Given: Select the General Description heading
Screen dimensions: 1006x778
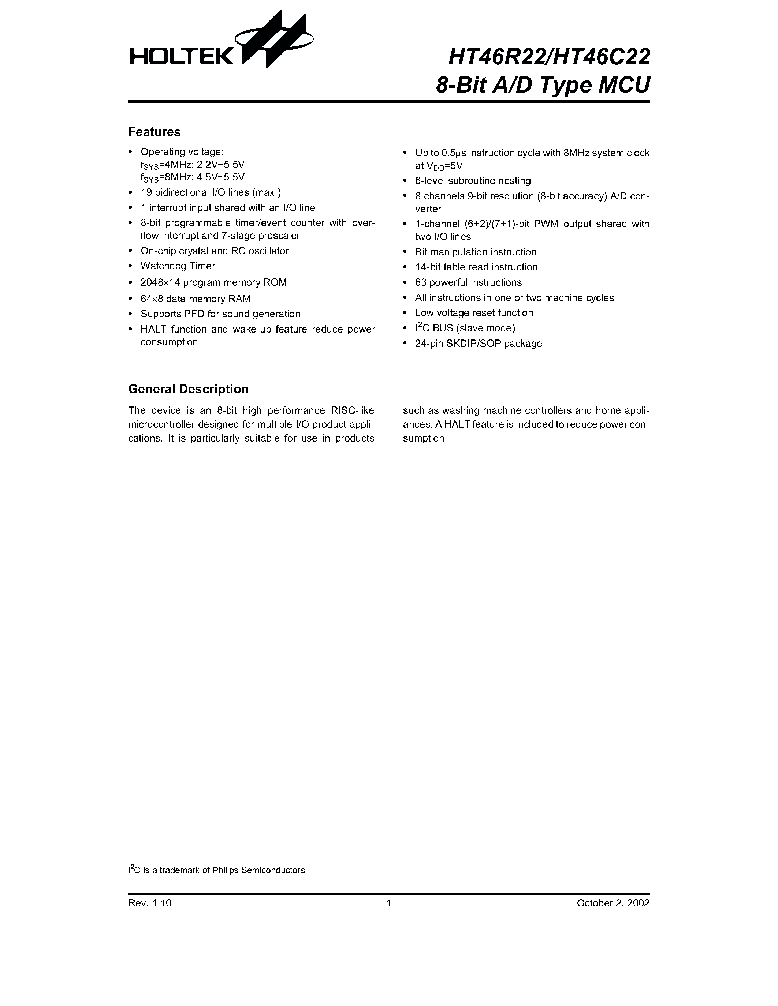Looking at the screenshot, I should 188,389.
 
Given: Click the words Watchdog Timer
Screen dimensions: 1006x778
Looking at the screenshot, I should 178,266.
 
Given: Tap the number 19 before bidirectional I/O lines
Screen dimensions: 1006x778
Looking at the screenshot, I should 146,192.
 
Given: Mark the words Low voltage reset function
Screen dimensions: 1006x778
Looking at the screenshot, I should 474,313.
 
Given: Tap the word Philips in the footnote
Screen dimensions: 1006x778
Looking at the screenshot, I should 225,871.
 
